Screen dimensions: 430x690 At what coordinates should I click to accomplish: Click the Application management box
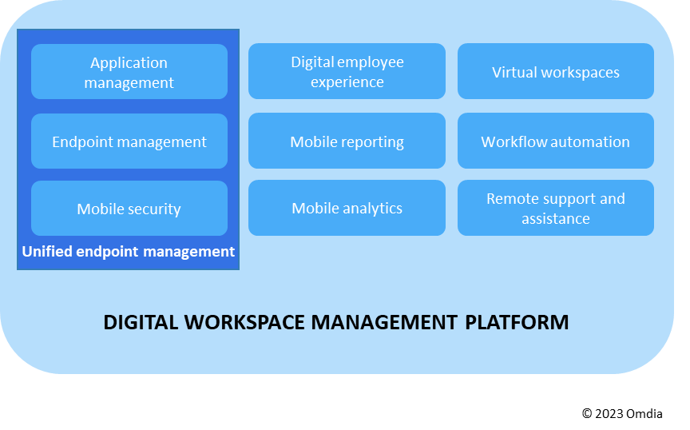129,72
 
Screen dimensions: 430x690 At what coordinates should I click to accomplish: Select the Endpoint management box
129,141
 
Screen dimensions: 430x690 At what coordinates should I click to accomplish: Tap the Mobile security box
129,209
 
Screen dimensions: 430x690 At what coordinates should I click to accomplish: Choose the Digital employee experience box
347,72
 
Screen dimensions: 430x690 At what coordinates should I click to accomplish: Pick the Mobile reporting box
347,141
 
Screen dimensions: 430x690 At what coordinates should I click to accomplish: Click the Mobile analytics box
347,208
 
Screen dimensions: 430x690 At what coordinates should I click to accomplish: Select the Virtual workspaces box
555,72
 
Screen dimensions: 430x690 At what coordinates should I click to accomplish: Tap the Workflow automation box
555,141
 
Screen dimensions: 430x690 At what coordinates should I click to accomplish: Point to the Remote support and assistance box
555,208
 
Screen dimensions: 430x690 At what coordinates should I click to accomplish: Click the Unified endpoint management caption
128,252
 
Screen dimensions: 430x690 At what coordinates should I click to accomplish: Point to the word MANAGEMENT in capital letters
385,322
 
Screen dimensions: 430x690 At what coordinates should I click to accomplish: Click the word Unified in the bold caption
47,252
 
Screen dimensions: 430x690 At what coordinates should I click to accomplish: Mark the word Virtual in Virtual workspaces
514,73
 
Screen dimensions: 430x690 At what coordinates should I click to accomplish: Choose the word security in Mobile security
153,209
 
